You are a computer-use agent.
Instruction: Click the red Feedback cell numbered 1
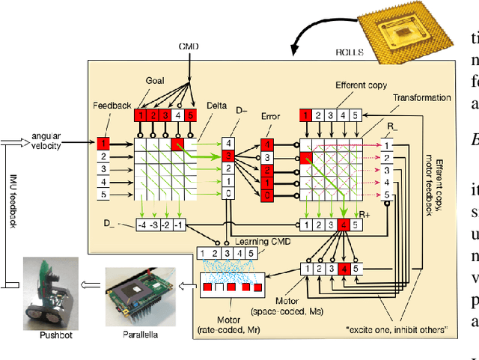(105, 142)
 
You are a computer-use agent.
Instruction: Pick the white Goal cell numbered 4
(177, 115)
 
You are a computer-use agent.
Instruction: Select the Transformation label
(423, 97)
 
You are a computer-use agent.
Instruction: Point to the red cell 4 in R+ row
(344, 225)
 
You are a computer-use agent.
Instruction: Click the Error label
(270, 116)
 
